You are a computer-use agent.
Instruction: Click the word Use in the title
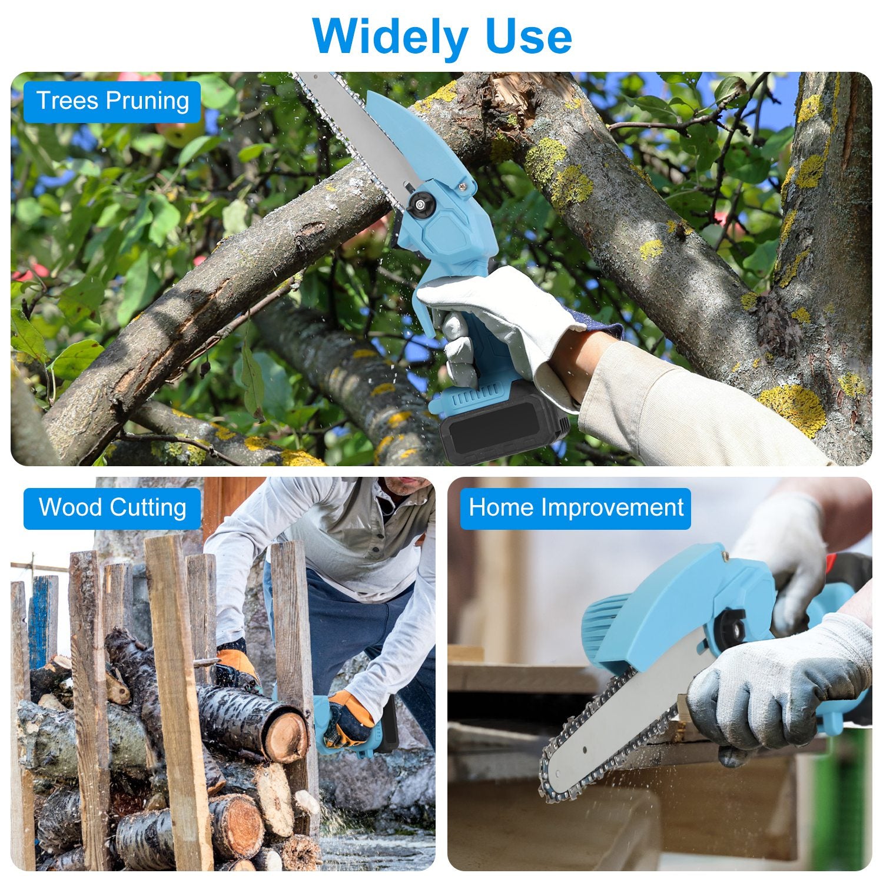[x=522, y=36]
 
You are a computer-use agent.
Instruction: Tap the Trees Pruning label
[x=112, y=101]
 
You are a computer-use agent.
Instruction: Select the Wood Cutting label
[x=112, y=507]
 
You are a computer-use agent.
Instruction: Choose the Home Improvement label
[x=576, y=507]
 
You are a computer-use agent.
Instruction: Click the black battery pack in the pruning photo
[x=500, y=427]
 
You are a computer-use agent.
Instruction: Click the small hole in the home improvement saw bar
[x=586, y=750]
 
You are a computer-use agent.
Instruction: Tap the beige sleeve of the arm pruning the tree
[x=677, y=406]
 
